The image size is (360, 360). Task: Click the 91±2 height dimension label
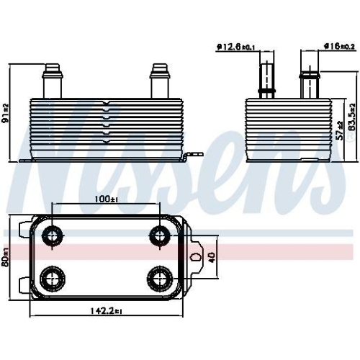point(6,113)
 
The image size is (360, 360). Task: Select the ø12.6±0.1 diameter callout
point(235,47)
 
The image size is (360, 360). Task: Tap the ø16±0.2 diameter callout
point(339,46)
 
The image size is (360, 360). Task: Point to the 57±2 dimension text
point(340,131)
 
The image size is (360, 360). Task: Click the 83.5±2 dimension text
point(352,117)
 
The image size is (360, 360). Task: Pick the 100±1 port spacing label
point(106,199)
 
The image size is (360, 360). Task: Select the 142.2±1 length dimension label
point(107,311)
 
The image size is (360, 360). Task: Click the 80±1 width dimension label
point(6,257)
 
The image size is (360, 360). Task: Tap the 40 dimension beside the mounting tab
point(212,257)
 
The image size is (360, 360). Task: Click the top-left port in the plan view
point(53,236)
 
